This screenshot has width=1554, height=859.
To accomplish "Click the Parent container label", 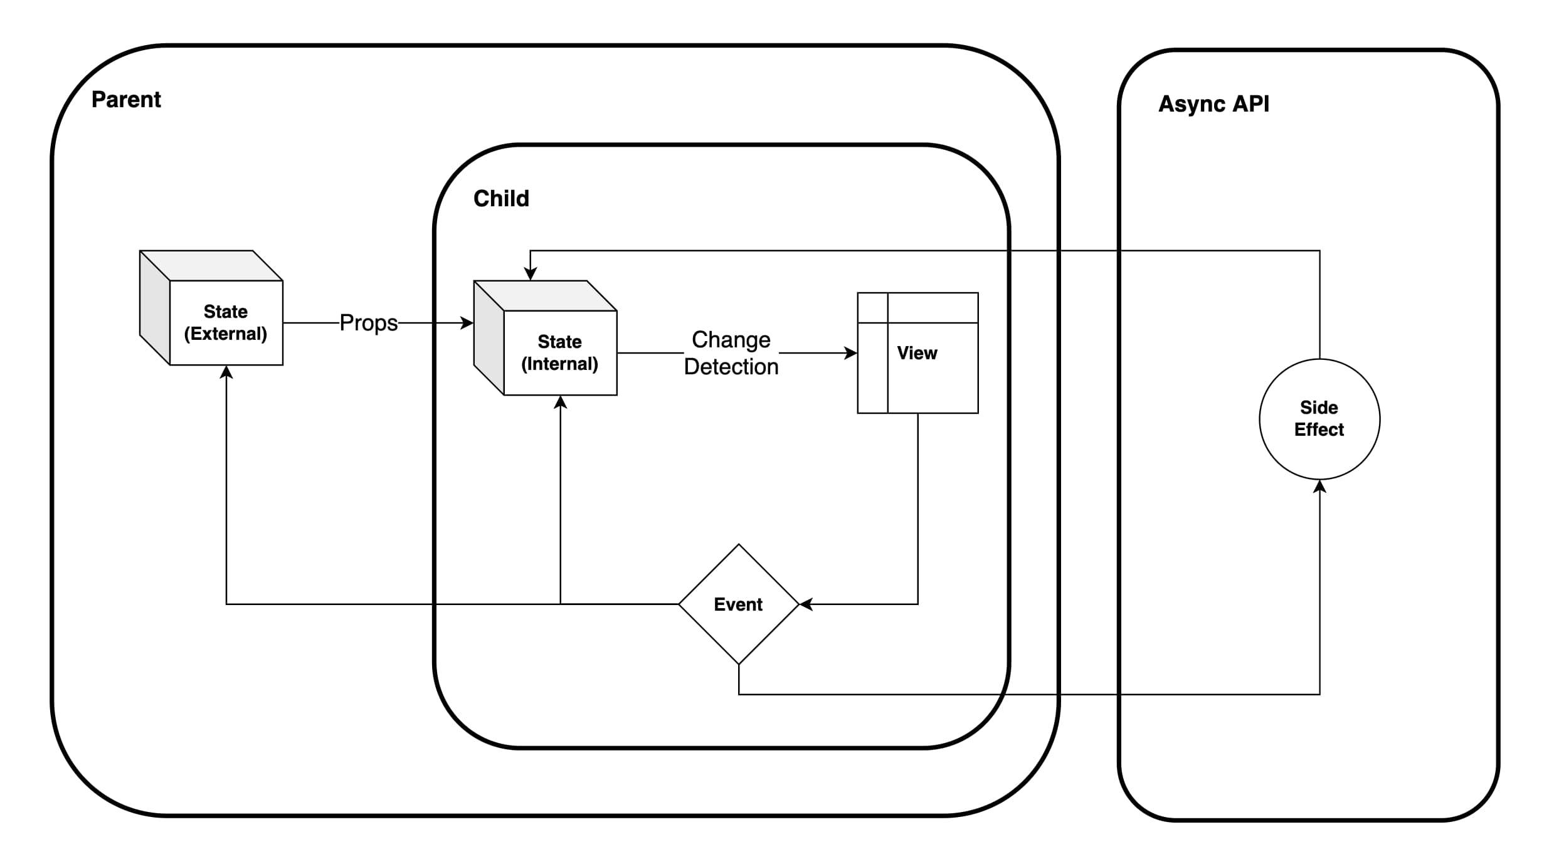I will coord(126,100).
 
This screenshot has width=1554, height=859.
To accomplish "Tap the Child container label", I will coord(501,199).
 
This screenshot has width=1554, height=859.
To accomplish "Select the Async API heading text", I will coord(1213,104).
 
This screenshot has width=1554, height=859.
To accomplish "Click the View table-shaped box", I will coord(917,353).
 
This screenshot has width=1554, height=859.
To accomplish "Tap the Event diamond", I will coord(738,604).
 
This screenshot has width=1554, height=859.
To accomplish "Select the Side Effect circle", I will coord(1319,419).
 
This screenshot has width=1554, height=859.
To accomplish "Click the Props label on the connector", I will coord(369,323).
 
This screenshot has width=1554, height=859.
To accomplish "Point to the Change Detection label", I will coord(731,353).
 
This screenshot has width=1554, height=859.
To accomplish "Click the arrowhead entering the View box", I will coord(851,353).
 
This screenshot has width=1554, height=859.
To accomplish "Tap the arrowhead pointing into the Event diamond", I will coord(806,604).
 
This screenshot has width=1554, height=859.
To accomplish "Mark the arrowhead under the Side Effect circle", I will coord(1319,487).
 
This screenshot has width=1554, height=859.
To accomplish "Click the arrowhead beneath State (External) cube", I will coord(226,372).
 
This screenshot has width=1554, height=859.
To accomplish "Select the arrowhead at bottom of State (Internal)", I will coord(561,403).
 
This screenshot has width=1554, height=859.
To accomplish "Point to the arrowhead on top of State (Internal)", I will coord(531,274).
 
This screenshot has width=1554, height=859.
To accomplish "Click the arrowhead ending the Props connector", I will coord(467,323).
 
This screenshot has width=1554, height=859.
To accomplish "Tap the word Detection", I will coord(731,367).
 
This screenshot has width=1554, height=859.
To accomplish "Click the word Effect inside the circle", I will coord(1319,430).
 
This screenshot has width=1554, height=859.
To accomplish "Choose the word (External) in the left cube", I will coord(226,334).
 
